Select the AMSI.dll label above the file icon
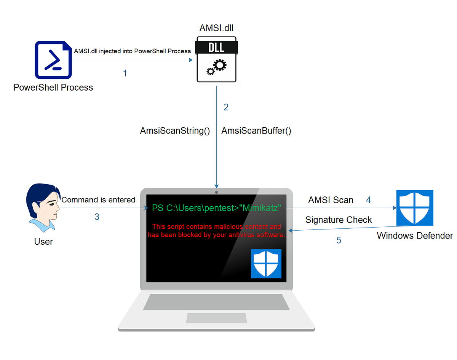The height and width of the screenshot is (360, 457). (x=216, y=29)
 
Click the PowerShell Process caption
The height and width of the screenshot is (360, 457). (x=53, y=88)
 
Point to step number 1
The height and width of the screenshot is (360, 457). (x=125, y=73)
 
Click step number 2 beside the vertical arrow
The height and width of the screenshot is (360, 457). (x=226, y=107)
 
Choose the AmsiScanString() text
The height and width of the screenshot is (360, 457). (x=175, y=131)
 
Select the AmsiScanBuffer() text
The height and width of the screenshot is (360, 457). (x=256, y=131)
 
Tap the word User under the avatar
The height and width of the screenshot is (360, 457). (x=43, y=241)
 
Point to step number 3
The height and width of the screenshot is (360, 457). (x=97, y=217)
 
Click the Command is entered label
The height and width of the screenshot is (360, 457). (x=98, y=200)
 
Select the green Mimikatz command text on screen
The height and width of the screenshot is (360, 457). (x=216, y=208)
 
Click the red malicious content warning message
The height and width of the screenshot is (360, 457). (x=216, y=231)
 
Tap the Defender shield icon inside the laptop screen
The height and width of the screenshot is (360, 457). (x=266, y=263)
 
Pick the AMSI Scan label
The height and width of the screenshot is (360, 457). (x=331, y=200)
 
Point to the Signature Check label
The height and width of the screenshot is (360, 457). (x=339, y=220)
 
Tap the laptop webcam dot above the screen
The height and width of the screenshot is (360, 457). (x=216, y=192)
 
